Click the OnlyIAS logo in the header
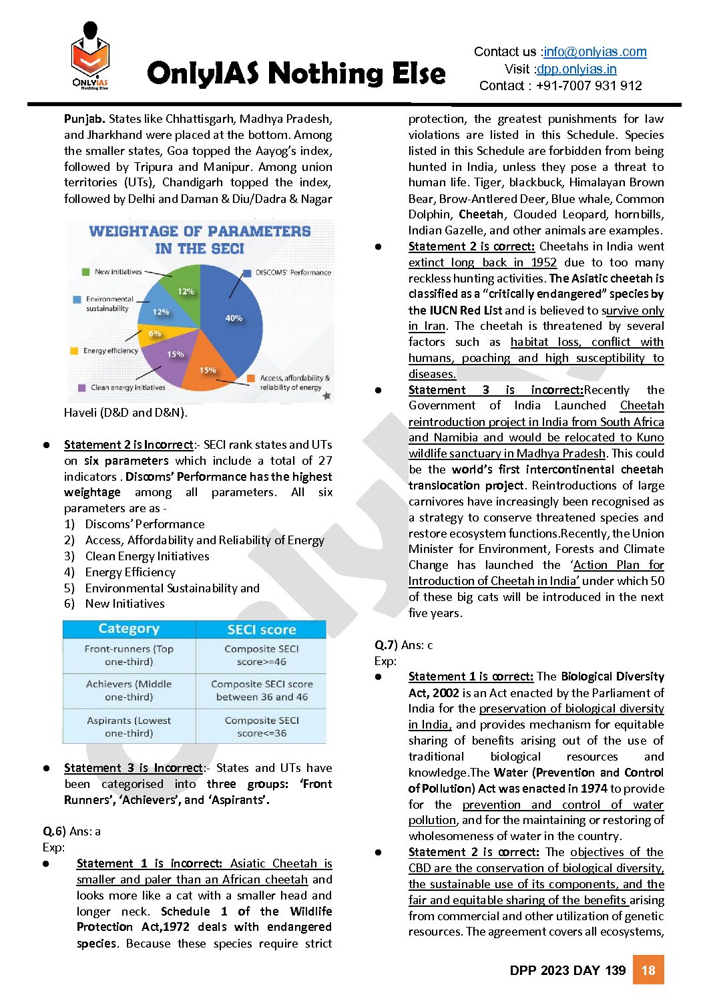90,57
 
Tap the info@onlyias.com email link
595,52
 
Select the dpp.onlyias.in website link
577,69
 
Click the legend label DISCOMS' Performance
293,272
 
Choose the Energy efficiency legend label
110,351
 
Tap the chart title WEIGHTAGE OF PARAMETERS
200,232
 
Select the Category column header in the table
129,629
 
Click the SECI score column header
261,630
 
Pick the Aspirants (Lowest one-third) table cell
129,727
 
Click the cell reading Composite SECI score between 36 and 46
262,690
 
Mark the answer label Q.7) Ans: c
403,645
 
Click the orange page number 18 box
648,970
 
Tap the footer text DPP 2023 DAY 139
567,970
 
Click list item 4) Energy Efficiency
130,572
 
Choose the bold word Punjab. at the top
84,119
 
